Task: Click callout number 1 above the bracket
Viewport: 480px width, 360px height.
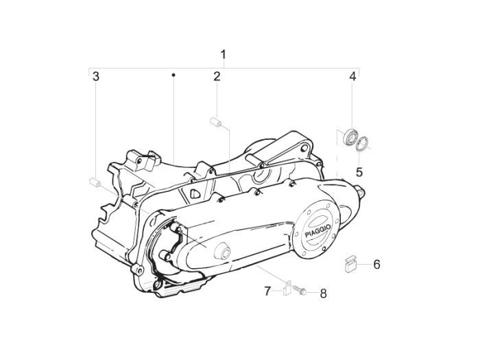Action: (224, 55)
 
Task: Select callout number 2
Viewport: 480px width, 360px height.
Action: (217, 76)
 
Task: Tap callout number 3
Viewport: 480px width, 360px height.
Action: (96, 76)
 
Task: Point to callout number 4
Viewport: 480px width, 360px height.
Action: (352, 76)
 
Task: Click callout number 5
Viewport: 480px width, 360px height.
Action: (359, 172)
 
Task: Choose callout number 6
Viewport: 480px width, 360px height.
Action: (376, 264)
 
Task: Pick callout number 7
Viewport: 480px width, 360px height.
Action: (267, 291)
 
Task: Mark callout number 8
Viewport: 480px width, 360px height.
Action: (323, 293)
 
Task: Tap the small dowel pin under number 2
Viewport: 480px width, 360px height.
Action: (216, 122)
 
